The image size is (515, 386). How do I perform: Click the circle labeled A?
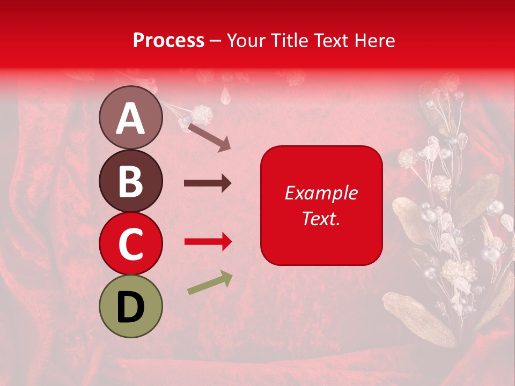point(131,117)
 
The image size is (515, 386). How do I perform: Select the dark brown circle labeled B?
point(131,181)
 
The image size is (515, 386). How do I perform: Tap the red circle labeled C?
point(131,243)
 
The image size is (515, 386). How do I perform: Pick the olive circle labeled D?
point(131,306)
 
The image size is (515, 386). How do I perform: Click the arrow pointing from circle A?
point(209,137)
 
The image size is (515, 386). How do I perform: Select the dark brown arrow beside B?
point(208,183)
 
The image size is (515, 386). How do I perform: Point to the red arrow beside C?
point(208,242)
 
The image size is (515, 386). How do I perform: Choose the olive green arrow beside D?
point(210,283)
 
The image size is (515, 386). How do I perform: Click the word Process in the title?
point(168,41)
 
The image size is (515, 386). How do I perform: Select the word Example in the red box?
point(321,193)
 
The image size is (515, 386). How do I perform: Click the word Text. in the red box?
point(321,218)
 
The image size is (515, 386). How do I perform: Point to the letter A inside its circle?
point(131,118)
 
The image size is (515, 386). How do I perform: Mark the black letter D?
point(131,307)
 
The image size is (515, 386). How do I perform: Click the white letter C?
point(131,244)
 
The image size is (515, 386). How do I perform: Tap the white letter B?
point(131,182)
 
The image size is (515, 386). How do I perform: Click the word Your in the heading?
point(247,41)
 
